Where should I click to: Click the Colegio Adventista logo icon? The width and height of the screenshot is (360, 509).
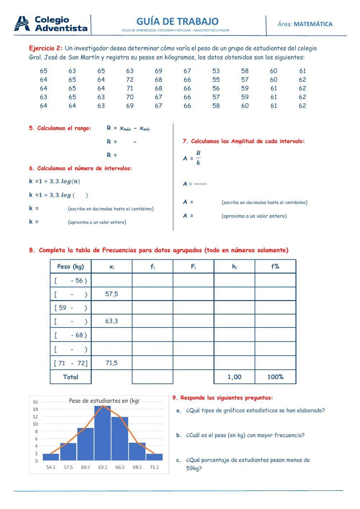[22, 24]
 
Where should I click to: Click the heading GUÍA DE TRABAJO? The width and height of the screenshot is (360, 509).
[177, 21]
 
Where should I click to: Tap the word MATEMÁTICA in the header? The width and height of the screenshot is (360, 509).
[313, 24]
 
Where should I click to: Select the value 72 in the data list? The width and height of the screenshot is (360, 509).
[130, 80]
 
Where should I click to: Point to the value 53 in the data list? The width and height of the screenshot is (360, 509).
[216, 71]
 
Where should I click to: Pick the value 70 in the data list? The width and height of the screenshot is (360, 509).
[130, 97]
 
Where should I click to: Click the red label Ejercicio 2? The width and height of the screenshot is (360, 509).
[46, 48]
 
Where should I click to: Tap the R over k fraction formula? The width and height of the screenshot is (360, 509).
[198, 158]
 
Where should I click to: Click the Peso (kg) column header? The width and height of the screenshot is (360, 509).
[71, 267]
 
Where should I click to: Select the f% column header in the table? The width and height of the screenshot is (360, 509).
[275, 267]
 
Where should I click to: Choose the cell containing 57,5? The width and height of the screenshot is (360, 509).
[112, 294]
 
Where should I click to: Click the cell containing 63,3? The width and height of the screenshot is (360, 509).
[112, 321]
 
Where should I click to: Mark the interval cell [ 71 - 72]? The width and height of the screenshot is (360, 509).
[71, 363]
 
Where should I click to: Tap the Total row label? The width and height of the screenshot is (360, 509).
[71, 377]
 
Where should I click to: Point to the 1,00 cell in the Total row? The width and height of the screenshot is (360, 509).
[234, 377]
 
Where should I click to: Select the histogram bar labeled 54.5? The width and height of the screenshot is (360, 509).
[51, 457]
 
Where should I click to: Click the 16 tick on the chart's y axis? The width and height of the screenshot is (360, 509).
[35, 402]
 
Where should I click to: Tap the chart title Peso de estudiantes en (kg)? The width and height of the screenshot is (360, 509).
[104, 401]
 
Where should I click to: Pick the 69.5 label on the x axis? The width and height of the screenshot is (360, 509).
[137, 467]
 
